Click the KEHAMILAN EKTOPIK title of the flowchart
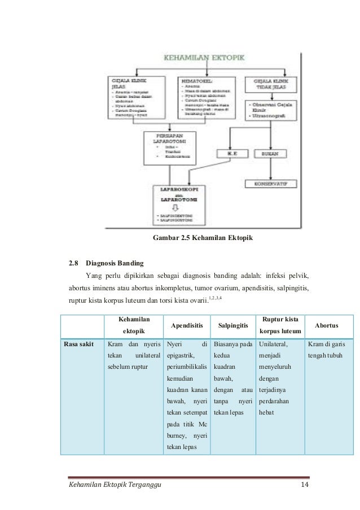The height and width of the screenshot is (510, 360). (208, 56)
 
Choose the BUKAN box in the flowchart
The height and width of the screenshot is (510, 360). (276, 152)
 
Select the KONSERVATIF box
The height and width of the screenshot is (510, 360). (276, 184)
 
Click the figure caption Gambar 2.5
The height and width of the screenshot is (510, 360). (204, 238)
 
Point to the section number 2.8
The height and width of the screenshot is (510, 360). (73, 263)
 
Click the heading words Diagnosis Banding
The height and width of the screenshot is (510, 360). (115, 263)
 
